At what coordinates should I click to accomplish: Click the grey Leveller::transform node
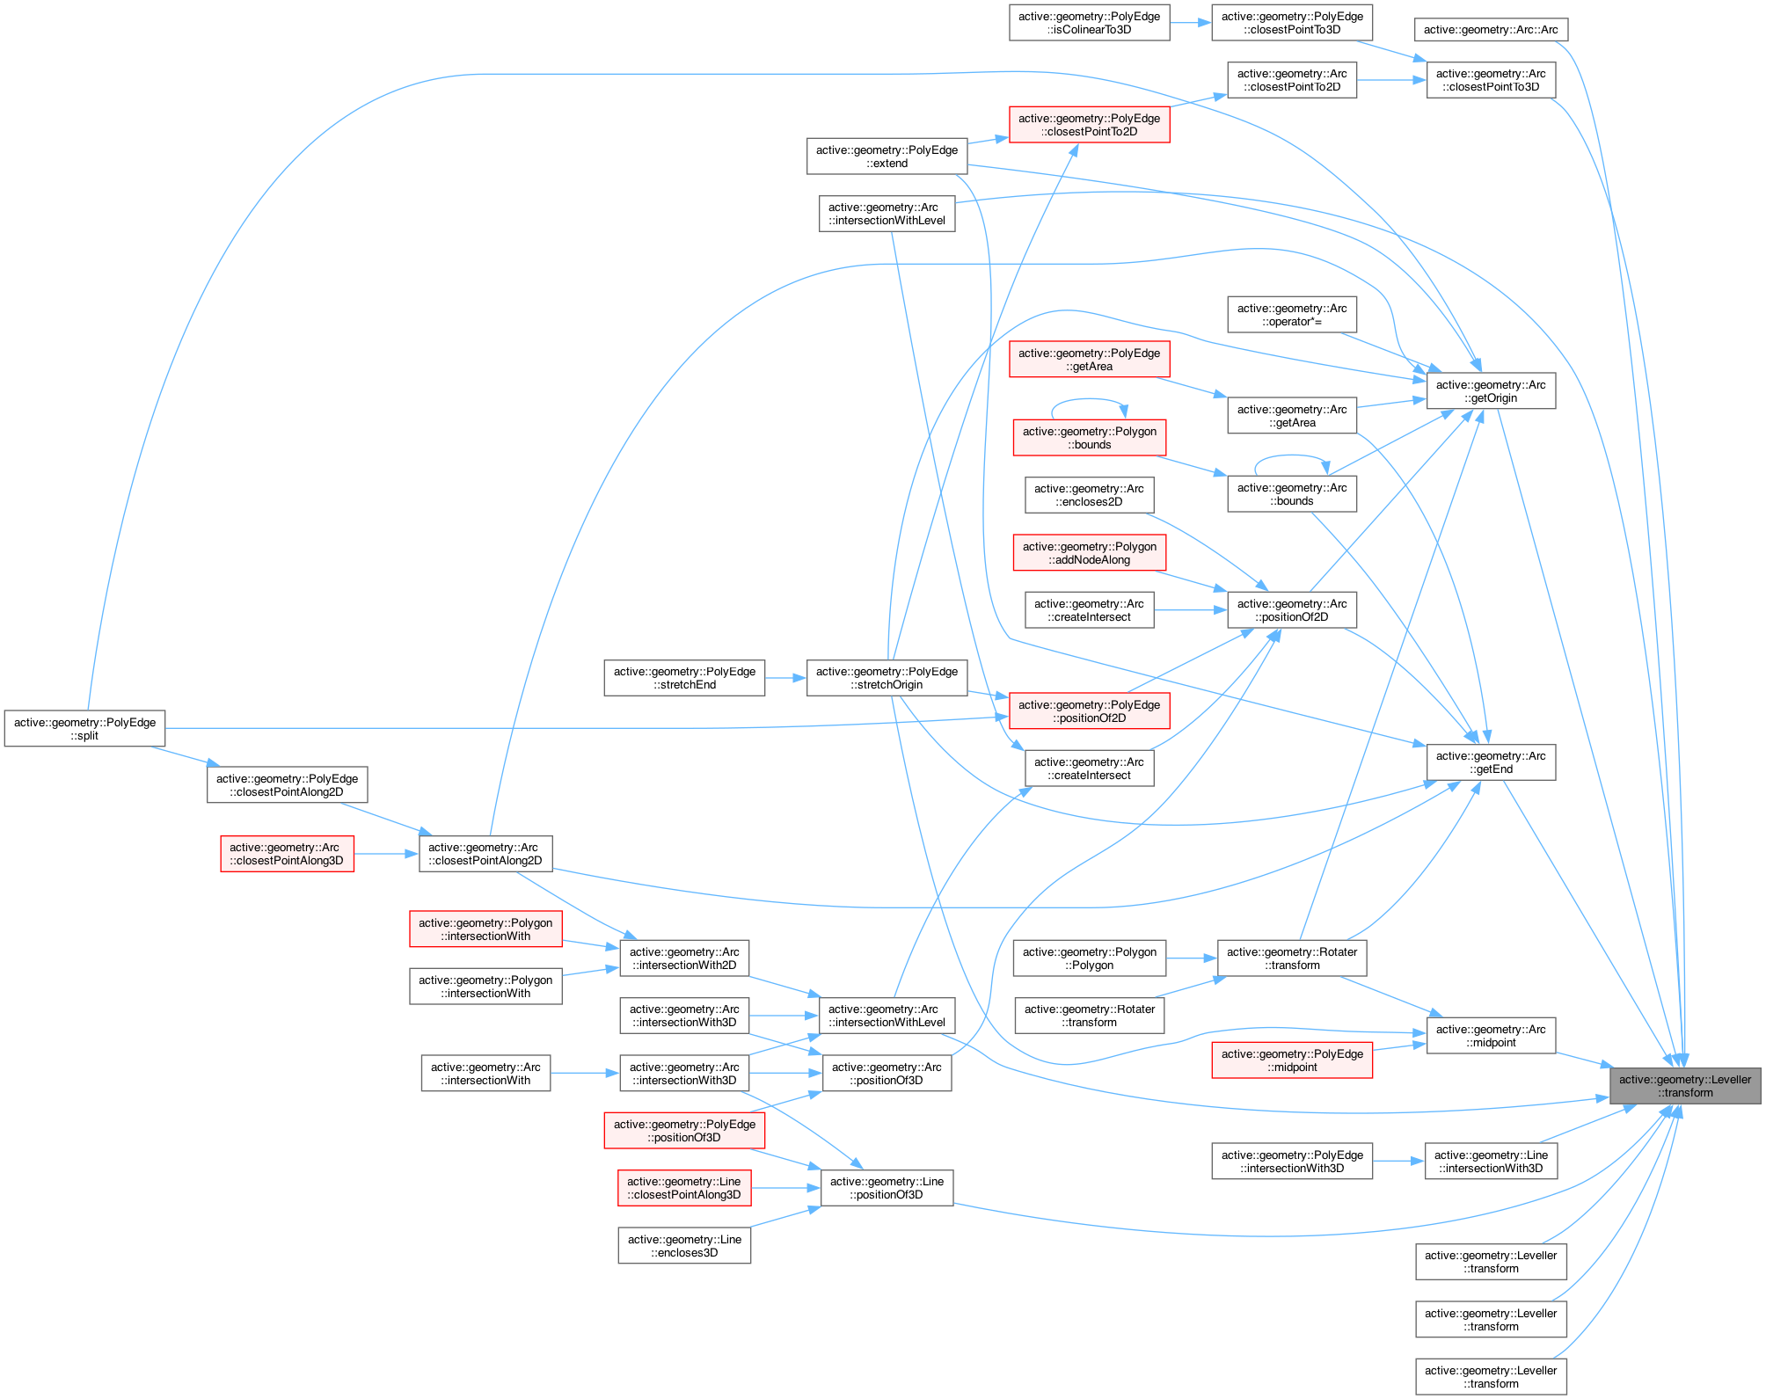pyautogui.click(x=1684, y=1086)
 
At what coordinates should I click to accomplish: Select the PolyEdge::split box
pyautogui.click(x=84, y=729)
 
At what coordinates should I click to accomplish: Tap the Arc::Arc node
pyautogui.click(x=1490, y=30)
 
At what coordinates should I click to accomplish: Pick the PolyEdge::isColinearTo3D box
pyautogui.click(x=1089, y=23)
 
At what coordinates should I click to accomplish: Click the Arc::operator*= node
pyautogui.click(x=1291, y=315)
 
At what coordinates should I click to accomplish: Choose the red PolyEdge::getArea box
pyautogui.click(x=1089, y=360)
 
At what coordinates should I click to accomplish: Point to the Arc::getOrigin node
pyautogui.click(x=1490, y=391)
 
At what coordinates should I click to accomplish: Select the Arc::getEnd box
pyautogui.click(x=1490, y=762)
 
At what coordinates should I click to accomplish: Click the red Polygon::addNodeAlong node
pyautogui.click(x=1089, y=553)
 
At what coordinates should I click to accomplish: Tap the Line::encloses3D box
pyautogui.click(x=684, y=1246)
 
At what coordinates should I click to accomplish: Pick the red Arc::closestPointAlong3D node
pyautogui.click(x=287, y=854)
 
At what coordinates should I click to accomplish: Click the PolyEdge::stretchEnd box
pyautogui.click(x=684, y=678)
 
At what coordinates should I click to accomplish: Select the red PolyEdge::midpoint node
pyautogui.click(x=1291, y=1060)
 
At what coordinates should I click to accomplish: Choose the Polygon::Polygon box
pyautogui.click(x=1089, y=958)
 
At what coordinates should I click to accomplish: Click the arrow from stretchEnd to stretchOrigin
pyautogui.click(x=785, y=678)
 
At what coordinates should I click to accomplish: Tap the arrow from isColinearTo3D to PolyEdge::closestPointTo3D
pyautogui.click(x=1190, y=23)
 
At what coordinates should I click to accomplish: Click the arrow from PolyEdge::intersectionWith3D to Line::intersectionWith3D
pyautogui.click(x=1398, y=1162)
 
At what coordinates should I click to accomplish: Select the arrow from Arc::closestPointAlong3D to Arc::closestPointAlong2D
pyautogui.click(x=386, y=854)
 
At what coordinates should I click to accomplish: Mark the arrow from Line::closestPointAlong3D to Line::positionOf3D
pyautogui.click(x=785, y=1188)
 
